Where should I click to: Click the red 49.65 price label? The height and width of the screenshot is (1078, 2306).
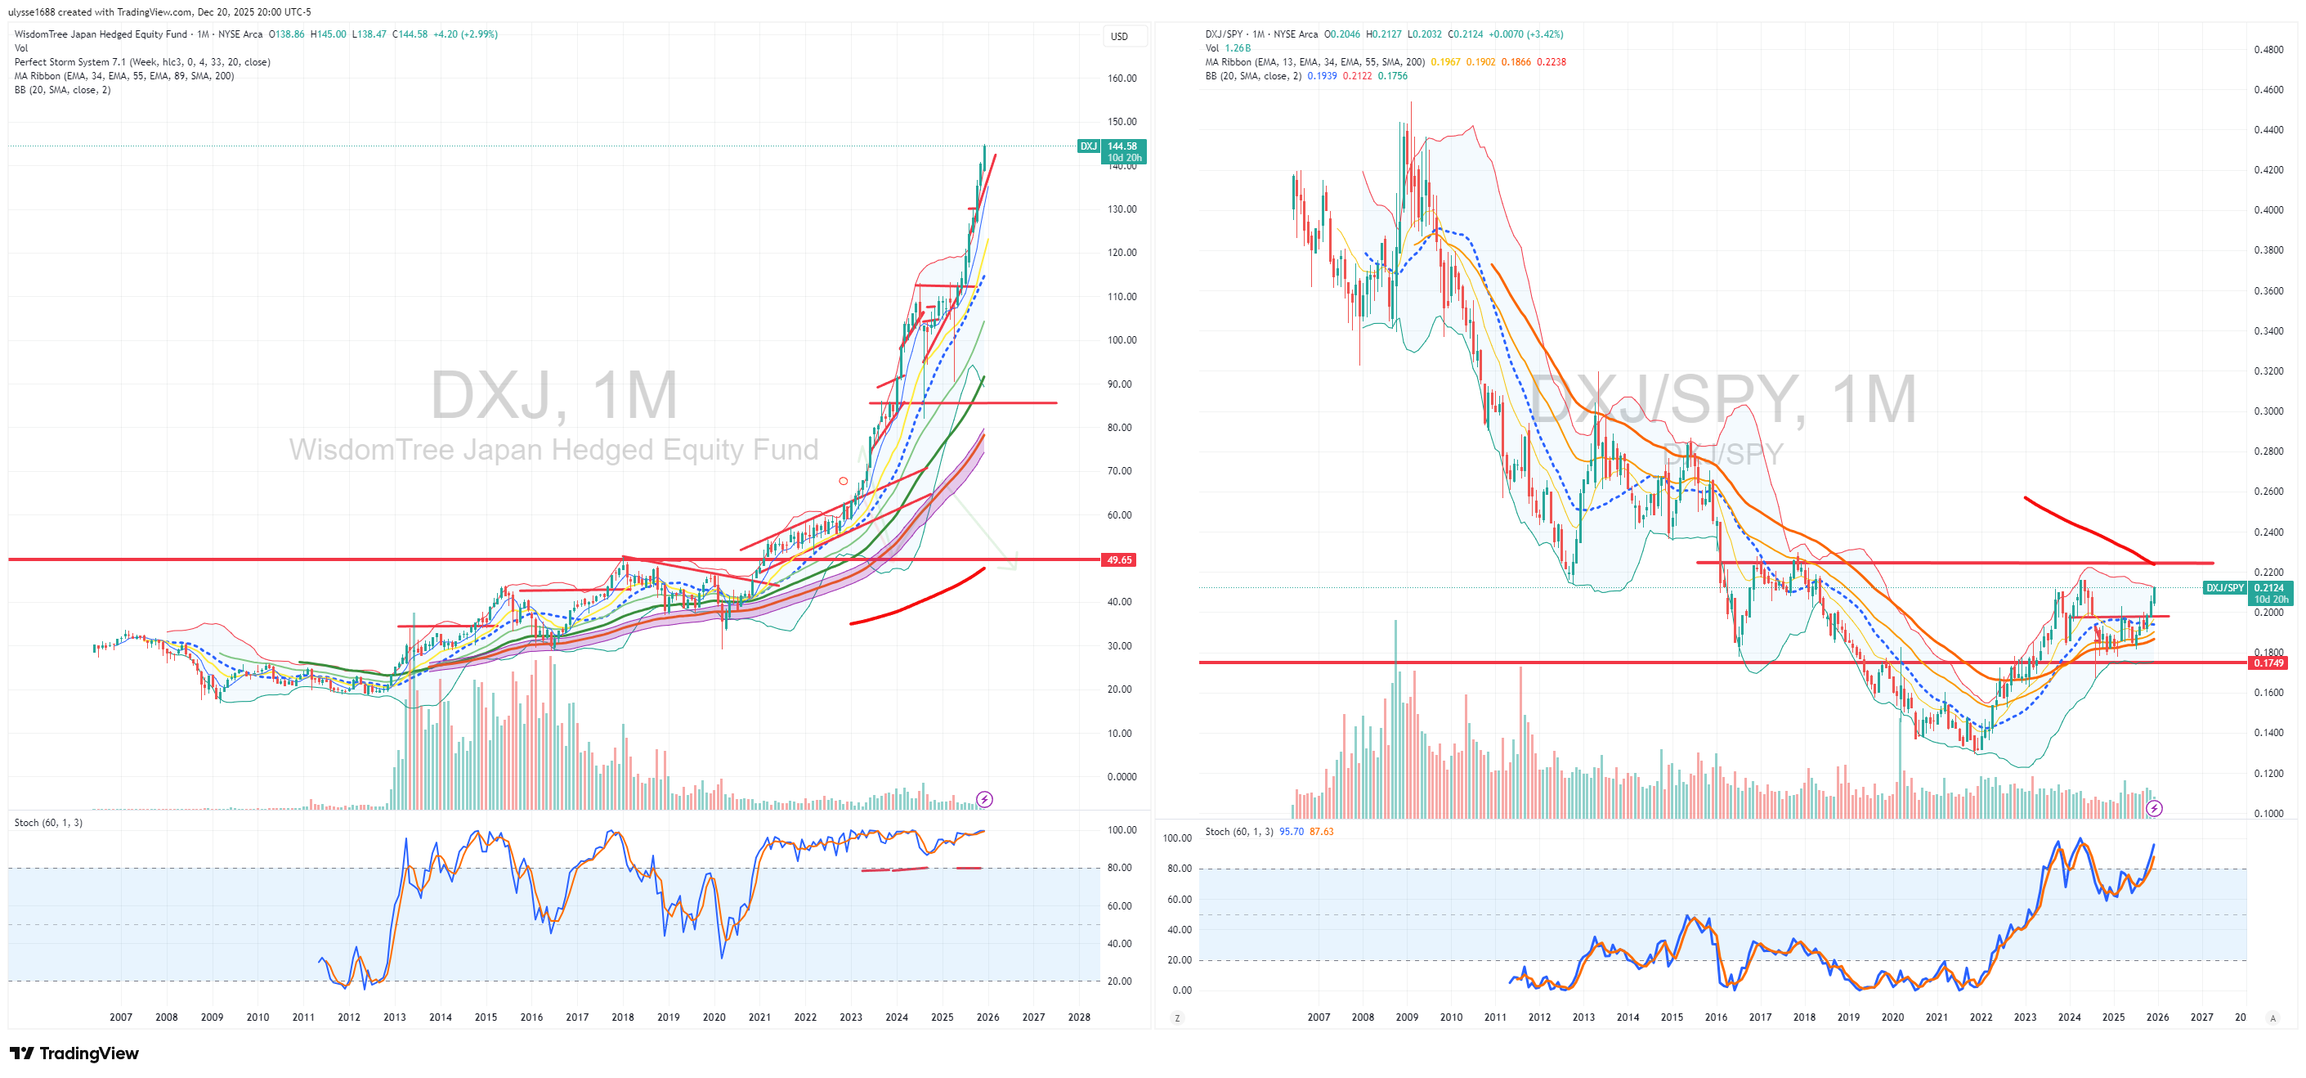point(1119,559)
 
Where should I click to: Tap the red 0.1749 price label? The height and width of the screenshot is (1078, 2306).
point(2268,663)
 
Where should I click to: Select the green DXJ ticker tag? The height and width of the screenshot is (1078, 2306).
point(1088,146)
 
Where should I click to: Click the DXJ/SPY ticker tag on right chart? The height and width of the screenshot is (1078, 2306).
point(2223,587)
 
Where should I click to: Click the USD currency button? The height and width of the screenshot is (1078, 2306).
point(1119,37)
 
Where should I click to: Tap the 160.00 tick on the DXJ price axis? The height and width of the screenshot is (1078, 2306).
point(1122,78)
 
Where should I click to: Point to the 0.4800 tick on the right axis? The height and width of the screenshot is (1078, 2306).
point(2268,49)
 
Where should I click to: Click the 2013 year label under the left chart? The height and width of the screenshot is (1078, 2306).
point(394,1017)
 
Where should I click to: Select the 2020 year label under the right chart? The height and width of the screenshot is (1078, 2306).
point(1892,1017)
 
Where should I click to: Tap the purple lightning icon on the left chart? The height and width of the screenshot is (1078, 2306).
point(984,798)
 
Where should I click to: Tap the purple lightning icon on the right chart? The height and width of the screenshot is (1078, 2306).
point(2154,808)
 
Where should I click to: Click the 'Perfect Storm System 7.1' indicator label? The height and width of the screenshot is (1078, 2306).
point(141,62)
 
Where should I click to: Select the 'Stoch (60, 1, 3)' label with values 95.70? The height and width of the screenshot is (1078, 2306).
point(1269,832)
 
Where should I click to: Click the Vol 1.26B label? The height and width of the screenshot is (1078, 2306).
point(1227,48)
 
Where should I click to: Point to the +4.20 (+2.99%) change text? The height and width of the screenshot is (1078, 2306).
point(464,34)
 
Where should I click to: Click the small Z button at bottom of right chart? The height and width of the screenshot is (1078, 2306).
point(1176,1018)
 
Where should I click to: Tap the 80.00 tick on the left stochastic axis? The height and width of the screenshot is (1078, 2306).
point(1119,868)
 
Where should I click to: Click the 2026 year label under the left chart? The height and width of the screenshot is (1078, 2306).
point(987,1017)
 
